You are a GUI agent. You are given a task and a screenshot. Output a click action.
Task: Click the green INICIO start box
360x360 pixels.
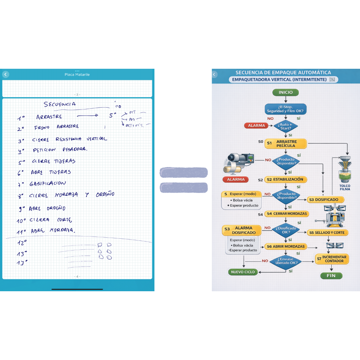pyautogui.click(x=285, y=93)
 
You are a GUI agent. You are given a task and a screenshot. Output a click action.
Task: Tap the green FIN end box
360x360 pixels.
pyautogui.click(x=331, y=276)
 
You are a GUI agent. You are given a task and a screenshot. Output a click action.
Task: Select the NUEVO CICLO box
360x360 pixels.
pyautogui.click(x=243, y=272)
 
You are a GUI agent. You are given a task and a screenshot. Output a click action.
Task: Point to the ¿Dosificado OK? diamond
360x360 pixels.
pyautogui.click(x=286, y=230)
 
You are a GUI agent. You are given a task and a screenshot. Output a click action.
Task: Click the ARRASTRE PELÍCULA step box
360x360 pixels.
pyautogui.click(x=286, y=144)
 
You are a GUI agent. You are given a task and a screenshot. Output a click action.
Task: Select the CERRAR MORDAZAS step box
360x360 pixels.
pyautogui.click(x=287, y=214)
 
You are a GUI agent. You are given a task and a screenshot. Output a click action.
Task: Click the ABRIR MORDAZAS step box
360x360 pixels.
pyautogui.click(x=286, y=247)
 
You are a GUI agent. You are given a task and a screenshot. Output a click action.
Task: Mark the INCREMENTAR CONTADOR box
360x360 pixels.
pyautogui.click(x=332, y=259)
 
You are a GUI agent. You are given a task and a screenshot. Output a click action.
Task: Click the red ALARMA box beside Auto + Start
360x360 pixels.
pyautogui.click(x=256, y=126)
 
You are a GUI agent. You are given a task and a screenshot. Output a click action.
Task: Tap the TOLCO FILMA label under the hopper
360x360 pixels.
pyautogui.click(x=345, y=188)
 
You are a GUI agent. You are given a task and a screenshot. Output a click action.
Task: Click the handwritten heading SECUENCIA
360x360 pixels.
pyautogui.click(x=60, y=104)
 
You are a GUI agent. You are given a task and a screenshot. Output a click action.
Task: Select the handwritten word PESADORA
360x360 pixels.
pyautogui.click(x=75, y=149)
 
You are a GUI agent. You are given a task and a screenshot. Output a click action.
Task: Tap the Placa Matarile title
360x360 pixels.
pyautogui.click(x=77, y=75)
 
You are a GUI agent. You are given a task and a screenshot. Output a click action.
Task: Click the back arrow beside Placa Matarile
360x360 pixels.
pyautogui.click(x=5, y=75)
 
